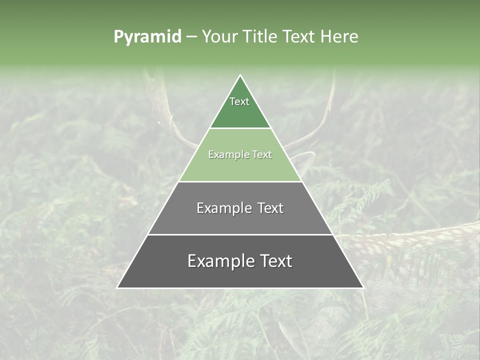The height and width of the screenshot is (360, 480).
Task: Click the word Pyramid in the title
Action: (x=147, y=37)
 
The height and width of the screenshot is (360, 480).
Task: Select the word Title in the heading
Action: (x=260, y=36)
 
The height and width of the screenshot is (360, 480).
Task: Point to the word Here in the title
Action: (x=340, y=36)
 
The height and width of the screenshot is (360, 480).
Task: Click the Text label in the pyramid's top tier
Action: (x=239, y=101)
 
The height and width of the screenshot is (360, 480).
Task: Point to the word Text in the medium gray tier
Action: (x=270, y=208)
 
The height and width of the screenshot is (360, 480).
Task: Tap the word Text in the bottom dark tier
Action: (x=276, y=261)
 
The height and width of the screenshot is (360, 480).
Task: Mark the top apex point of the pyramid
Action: (x=240, y=75)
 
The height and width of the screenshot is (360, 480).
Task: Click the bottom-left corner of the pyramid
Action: (x=117, y=288)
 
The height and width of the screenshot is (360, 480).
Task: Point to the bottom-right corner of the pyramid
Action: (x=363, y=288)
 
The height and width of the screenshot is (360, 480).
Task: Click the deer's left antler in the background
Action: (x=160, y=100)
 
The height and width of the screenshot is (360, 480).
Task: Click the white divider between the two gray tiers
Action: (x=240, y=234)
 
